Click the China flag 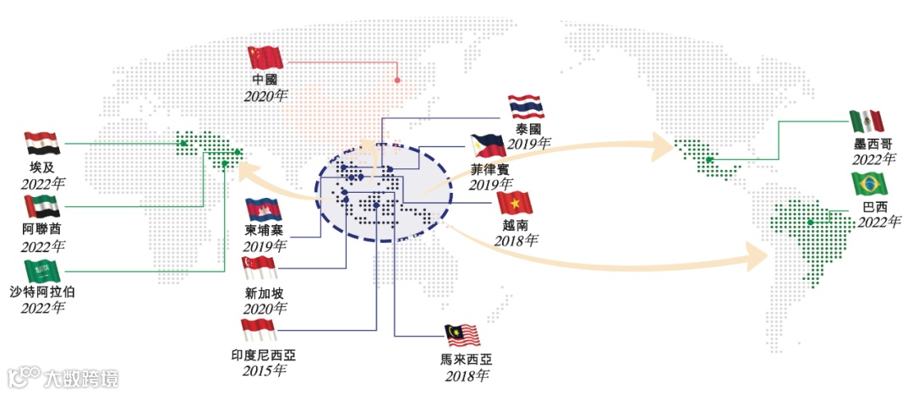coord(265,58)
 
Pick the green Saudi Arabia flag coord(42,272)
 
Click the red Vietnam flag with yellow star coord(515,204)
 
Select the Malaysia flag coord(462,336)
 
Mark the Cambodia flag coord(263,209)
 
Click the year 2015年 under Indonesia coord(264,370)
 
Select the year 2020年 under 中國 coord(265,95)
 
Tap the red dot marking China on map coord(397,81)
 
